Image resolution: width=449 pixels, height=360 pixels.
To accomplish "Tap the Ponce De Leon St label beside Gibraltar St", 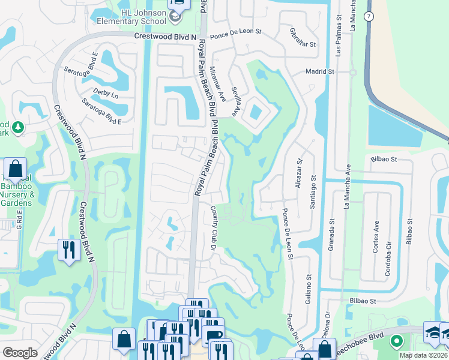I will [x=240, y=31].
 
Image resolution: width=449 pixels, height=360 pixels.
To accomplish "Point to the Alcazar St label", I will [x=298, y=173].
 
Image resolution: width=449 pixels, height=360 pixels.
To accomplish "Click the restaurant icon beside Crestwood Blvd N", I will [x=69, y=249].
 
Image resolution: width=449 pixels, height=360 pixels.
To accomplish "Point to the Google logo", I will [x=20, y=353].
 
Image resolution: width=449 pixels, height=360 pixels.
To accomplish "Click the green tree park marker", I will [x=18, y=127].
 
